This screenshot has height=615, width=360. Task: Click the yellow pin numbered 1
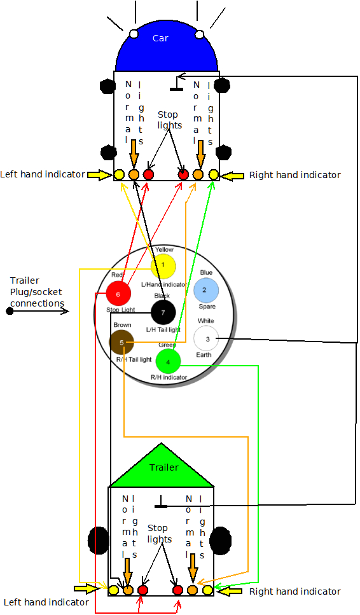click(x=163, y=265)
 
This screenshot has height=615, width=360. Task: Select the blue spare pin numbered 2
click(x=206, y=289)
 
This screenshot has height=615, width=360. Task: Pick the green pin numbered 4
click(x=168, y=362)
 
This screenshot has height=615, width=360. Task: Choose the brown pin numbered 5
click(x=121, y=343)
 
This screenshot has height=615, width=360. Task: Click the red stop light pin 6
click(x=118, y=294)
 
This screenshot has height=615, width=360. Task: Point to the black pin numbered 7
click(x=163, y=312)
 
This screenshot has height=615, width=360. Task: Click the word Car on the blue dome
click(x=160, y=38)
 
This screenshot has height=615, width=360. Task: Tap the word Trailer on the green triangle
click(x=164, y=467)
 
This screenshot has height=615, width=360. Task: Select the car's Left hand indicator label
click(x=43, y=174)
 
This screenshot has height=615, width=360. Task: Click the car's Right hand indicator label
click(x=294, y=175)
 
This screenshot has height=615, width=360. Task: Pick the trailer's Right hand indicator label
click(x=294, y=591)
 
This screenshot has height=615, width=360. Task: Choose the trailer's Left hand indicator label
click(x=46, y=602)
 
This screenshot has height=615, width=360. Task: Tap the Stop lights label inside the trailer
click(x=159, y=534)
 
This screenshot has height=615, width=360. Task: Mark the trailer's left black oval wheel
click(x=99, y=540)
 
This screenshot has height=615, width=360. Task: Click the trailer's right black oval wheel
click(x=221, y=540)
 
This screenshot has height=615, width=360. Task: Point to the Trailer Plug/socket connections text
click(x=37, y=292)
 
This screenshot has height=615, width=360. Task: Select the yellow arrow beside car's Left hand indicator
click(x=100, y=174)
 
